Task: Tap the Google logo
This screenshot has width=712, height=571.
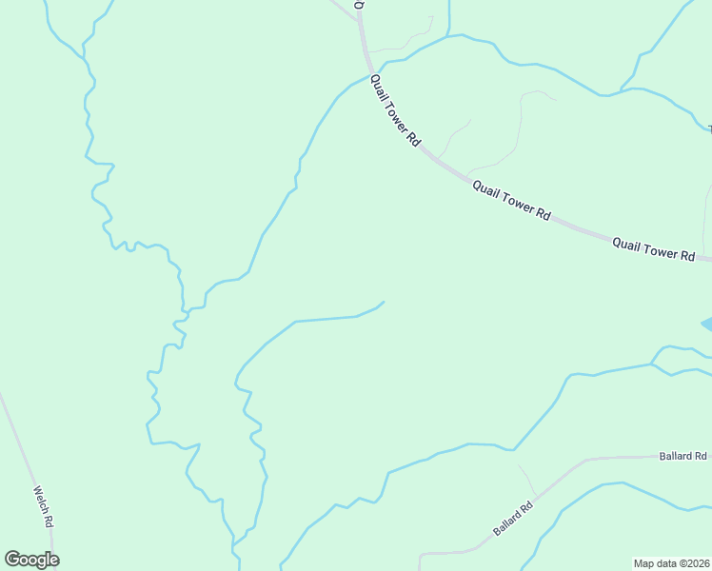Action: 31,560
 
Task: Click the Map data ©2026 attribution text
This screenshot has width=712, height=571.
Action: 672,563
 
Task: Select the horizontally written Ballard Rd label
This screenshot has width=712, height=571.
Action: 682,456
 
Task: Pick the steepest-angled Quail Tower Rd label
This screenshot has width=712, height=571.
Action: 394,109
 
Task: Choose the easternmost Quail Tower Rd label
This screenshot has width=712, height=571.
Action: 653,249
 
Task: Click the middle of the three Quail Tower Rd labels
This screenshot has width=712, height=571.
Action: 511,200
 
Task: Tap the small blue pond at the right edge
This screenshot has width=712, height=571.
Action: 706,325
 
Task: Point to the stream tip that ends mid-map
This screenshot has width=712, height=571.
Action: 384,303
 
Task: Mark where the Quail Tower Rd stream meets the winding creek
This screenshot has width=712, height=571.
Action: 204,306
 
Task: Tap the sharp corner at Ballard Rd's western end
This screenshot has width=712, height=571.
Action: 420,553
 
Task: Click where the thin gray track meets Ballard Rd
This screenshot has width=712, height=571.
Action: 535,497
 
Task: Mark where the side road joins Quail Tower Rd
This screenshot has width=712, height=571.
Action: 359,19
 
